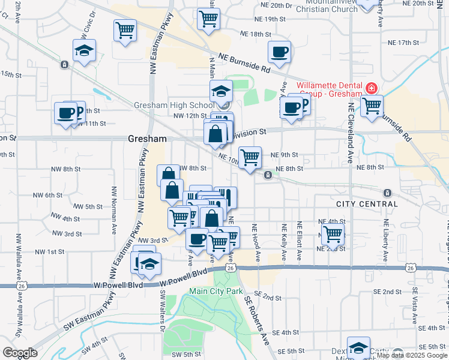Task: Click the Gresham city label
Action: tap(147, 139)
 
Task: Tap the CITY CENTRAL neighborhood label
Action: tap(367, 204)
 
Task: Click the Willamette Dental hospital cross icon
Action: tap(372, 89)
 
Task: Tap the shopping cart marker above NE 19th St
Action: tap(208, 18)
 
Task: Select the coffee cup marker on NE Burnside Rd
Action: tap(279, 52)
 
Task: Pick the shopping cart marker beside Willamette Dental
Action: tap(372, 106)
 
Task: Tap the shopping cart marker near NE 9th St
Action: tap(250, 157)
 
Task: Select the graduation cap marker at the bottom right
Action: tap(358, 348)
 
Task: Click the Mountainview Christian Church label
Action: tap(318, 6)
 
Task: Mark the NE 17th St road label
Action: tap(403, 43)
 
